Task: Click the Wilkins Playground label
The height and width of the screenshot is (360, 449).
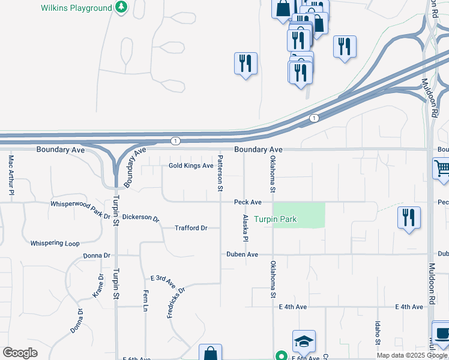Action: click(x=76, y=8)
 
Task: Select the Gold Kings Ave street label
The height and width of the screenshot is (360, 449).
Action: click(x=191, y=166)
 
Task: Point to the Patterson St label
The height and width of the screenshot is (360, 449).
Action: click(x=220, y=173)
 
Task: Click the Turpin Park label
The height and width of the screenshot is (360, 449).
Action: click(x=275, y=220)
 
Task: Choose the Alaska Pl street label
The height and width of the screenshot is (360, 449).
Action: click(x=246, y=229)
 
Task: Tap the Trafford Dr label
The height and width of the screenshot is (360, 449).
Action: click(x=191, y=228)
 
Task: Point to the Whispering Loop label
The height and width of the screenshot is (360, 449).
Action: click(x=55, y=243)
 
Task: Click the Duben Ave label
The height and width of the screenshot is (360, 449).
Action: click(x=242, y=254)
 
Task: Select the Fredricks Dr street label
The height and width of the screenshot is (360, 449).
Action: click(x=176, y=302)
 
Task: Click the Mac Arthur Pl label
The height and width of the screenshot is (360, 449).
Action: click(x=11, y=175)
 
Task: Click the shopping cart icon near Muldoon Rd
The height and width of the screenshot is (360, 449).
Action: click(x=442, y=168)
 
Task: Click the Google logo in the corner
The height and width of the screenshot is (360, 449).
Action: click(x=20, y=353)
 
